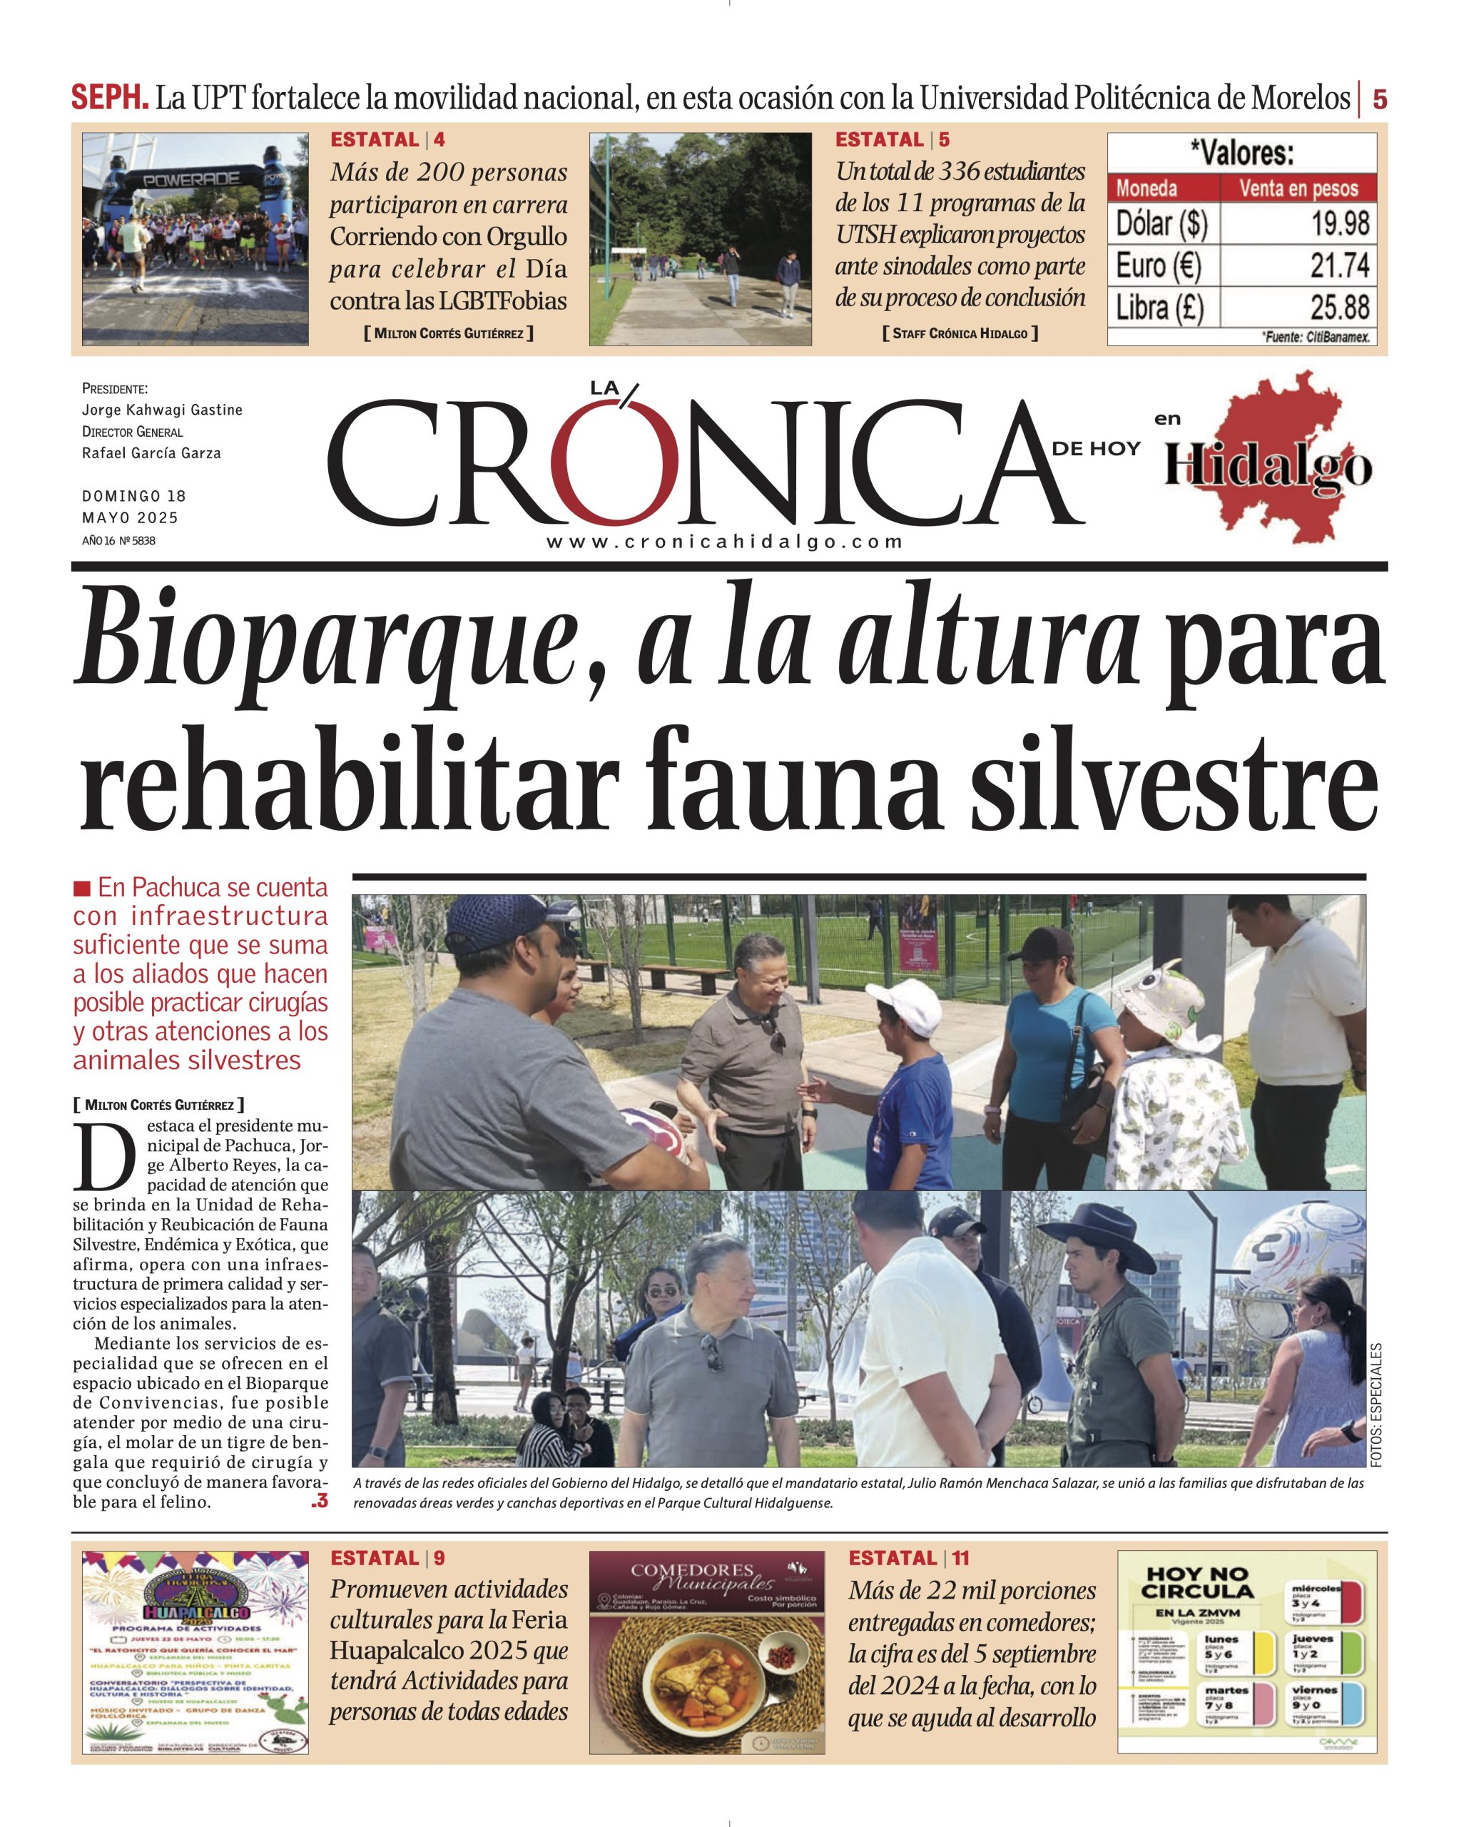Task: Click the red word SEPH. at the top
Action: point(109,98)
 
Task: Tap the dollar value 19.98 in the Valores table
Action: point(1341,223)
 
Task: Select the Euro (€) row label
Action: point(1158,266)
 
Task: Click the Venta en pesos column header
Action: point(1298,188)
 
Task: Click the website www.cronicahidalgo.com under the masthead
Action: point(724,542)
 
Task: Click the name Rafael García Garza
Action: point(152,453)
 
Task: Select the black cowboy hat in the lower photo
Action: point(1099,1225)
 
